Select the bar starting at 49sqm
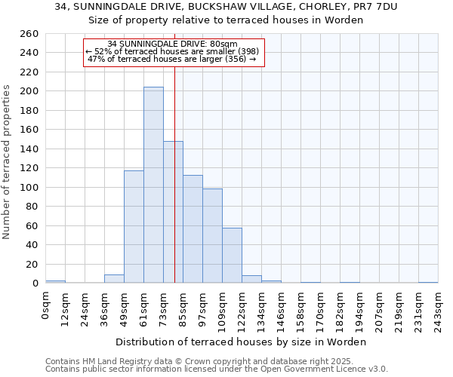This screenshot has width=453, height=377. pyautogui.click(x=134, y=227)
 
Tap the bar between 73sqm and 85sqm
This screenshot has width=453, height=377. pyautogui.click(x=173, y=212)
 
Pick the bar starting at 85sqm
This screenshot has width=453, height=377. pyautogui.click(x=193, y=229)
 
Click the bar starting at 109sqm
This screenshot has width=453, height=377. pyautogui.click(x=232, y=256)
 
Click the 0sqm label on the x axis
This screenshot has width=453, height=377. pyautogui.click(x=46, y=305)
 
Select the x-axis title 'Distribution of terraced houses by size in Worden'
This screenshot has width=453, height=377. pyautogui.click(x=242, y=342)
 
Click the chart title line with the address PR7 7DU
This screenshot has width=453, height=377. pyautogui.click(x=226, y=7)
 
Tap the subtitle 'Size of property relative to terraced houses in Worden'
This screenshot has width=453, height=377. pyautogui.click(x=226, y=20)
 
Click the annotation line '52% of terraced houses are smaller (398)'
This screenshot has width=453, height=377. pyautogui.click(x=173, y=51)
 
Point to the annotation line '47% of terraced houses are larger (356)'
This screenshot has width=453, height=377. pyautogui.click(x=173, y=59)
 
